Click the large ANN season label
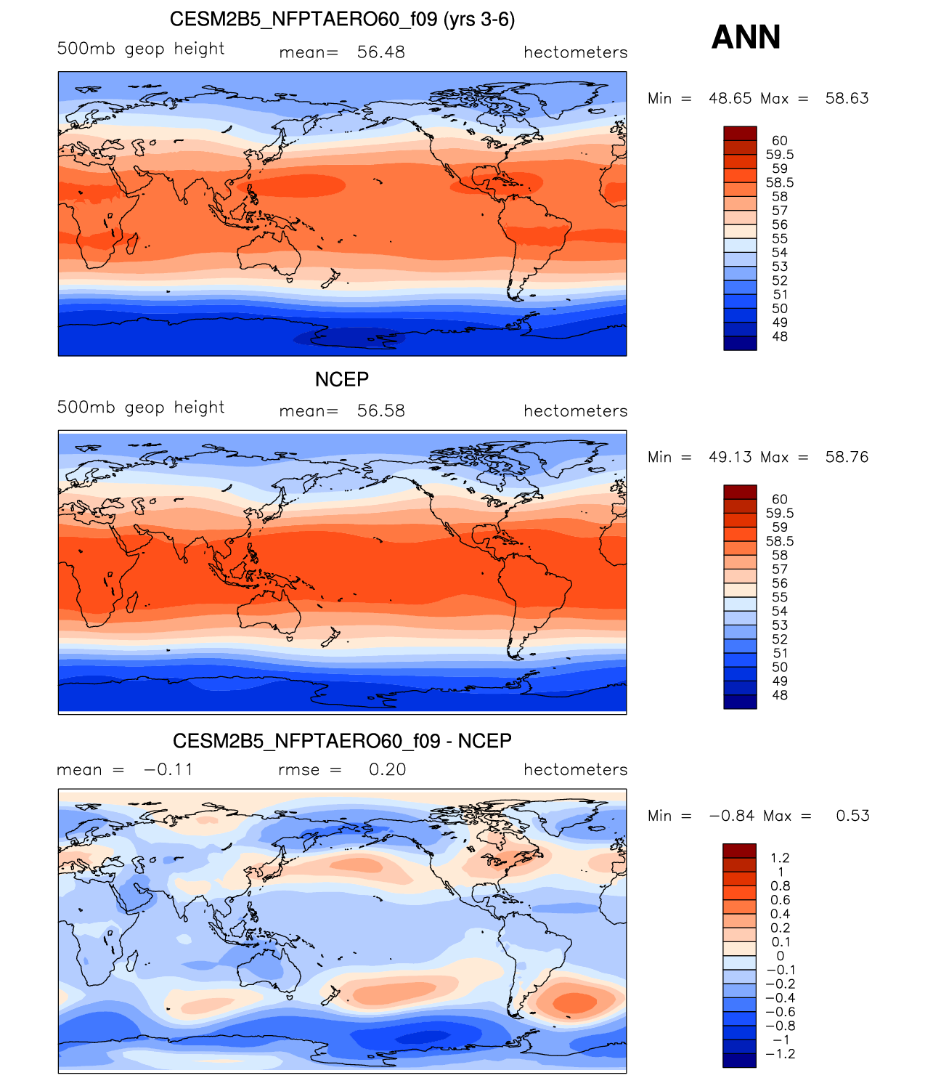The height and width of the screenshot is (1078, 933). coord(746,37)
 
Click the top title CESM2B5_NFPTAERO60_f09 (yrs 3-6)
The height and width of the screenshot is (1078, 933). coord(342,20)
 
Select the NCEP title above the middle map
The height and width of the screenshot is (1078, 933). coord(342,379)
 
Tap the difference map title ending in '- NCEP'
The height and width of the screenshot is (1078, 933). coord(342,740)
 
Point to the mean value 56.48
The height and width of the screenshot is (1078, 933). coord(380,52)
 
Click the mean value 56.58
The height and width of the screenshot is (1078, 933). coord(380,411)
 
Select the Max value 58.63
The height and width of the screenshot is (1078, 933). coord(847,98)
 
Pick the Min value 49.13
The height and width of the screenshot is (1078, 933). coord(730,457)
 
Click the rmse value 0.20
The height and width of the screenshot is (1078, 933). coord(387,769)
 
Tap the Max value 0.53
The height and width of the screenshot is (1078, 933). coord(852,816)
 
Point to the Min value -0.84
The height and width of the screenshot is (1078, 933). coord(732,816)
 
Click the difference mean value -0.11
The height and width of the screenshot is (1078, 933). coord(168,769)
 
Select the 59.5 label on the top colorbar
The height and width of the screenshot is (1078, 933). coord(780,155)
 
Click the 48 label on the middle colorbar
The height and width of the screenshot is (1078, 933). coord(780,695)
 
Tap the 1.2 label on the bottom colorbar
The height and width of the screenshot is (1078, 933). coord(781,858)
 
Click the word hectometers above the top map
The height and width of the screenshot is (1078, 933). coord(576,52)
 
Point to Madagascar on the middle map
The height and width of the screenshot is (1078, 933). coord(132,602)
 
